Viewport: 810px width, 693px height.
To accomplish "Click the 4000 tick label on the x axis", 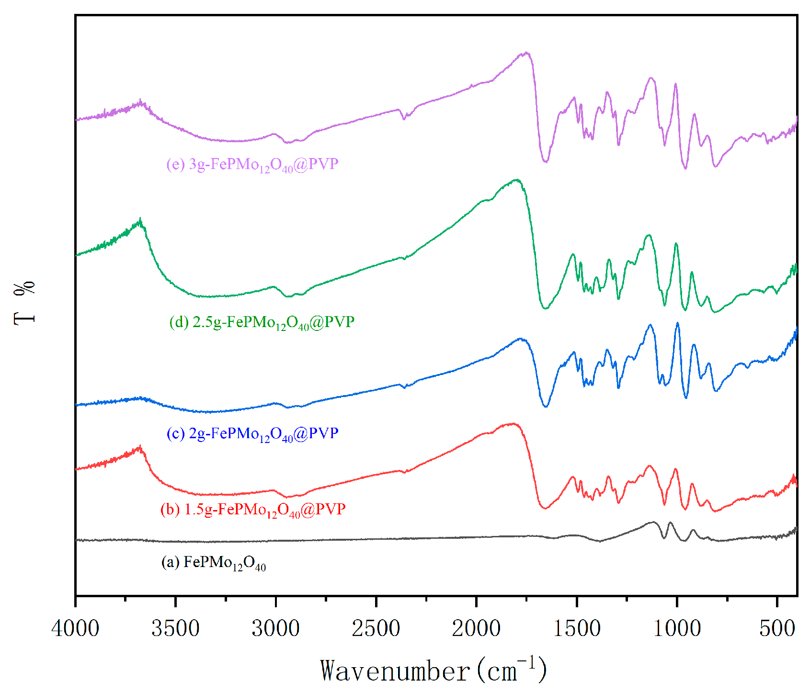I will (75, 628).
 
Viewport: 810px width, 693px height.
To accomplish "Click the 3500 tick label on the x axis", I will (175, 628).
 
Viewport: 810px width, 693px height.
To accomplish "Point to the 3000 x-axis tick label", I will (276, 628).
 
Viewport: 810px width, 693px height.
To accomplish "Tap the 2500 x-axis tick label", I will (376, 628).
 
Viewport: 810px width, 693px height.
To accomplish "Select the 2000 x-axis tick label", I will (476, 628).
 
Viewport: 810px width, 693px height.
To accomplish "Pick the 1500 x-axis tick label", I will (577, 628).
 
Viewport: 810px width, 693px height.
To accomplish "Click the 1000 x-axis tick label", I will (677, 628).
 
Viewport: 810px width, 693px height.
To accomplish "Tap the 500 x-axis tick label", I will (777, 628).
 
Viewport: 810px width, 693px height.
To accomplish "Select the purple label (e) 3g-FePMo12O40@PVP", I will (252, 165).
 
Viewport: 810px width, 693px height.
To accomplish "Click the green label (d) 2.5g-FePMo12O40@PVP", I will (262, 322).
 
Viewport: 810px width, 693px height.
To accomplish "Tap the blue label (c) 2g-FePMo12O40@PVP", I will (252, 434).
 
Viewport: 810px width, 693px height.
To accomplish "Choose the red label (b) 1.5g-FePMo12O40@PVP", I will (253, 510).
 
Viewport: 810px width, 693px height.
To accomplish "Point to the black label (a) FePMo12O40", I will (214, 563).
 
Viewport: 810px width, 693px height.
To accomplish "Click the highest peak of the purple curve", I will (526, 53).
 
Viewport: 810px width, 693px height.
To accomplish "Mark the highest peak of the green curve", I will (516, 180).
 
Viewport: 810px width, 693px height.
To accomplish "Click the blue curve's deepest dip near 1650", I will (546, 406).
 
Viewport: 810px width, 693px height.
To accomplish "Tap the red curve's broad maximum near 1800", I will (513, 424).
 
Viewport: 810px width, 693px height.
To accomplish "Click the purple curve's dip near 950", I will (685, 168).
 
